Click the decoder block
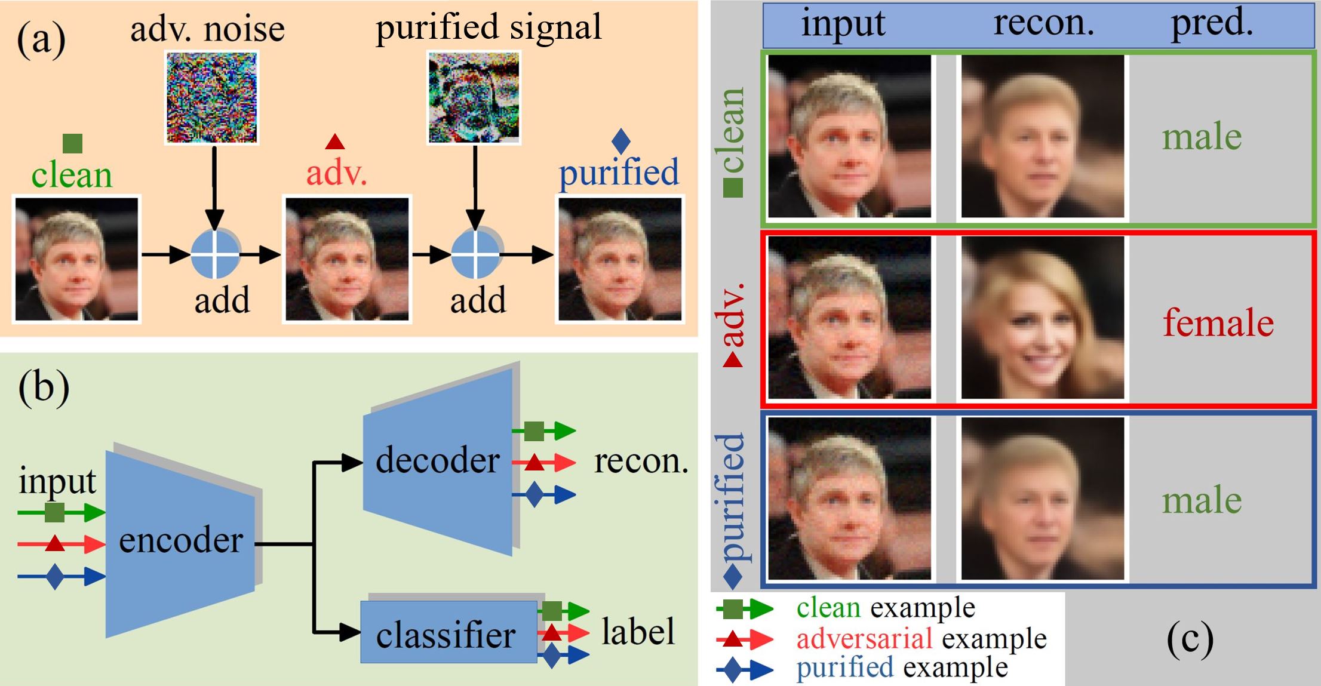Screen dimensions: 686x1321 tap(439, 460)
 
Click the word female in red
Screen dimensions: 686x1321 tap(1218, 322)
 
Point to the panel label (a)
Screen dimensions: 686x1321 tap(41, 40)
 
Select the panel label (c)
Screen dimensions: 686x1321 tap(1190, 638)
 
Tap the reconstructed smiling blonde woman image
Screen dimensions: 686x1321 tap(1043, 318)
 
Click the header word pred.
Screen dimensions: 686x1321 tap(1212, 24)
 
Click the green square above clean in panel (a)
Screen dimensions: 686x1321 tap(72, 143)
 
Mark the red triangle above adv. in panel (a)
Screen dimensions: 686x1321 tap(335, 142)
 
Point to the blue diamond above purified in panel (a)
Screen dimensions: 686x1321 tap(621, 141)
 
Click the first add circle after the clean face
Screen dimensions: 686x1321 tap(215, 255)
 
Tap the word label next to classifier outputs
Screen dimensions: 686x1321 tap(638, 632)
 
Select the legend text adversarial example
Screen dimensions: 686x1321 tap(921, 639)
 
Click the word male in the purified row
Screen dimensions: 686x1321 tap(1202, 500)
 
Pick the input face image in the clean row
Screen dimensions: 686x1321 tap(849, 137)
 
